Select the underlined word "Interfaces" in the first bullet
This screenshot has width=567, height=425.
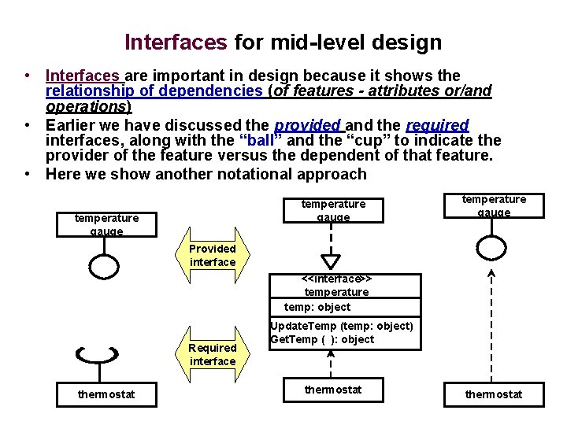coord(83,76)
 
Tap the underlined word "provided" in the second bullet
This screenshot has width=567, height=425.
coord(308,126)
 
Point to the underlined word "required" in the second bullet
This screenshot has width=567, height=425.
coord(437,126)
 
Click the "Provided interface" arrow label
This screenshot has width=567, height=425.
coord(213,255)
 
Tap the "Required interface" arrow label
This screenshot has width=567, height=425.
coord(213,354)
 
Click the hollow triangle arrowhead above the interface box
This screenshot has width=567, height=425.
coord(332,261)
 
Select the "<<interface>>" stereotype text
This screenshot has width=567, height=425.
coord(336,279)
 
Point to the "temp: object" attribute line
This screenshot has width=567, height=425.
coord(317,307)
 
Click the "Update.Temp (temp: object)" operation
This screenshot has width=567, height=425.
coord(342,326)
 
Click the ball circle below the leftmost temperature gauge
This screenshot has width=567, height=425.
coord(104,268)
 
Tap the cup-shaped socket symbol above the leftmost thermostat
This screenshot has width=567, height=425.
coord(98,356)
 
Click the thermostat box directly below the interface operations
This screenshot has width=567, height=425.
coord(333,390)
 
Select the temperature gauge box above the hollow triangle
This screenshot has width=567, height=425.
coord(333,209)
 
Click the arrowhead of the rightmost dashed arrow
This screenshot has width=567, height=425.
coord(492,274)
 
